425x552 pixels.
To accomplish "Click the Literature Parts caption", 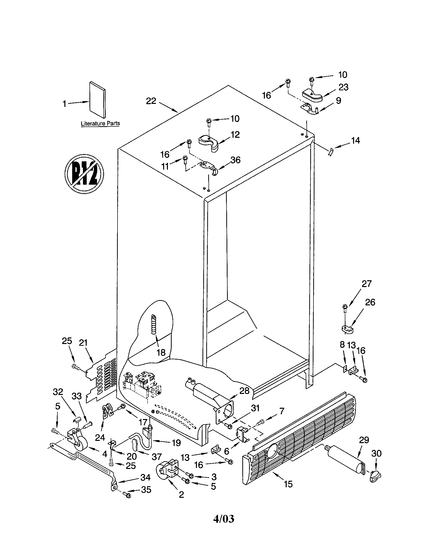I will pyautogui.click(x=100, y=124).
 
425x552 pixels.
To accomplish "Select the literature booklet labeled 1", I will pyautogui.click(x=97, y=100).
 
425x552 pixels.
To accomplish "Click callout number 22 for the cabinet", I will pyautogui.click(x=151, y=101).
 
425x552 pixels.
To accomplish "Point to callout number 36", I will pyautogui.click(x=235, y=160).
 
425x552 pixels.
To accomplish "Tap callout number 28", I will pyautogui.click(x=244, y=390).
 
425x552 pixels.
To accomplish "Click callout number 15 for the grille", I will pyautogui.click(x=288, y=484).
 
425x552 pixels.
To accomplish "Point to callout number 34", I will pyautogui.click(x=145, y=477).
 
